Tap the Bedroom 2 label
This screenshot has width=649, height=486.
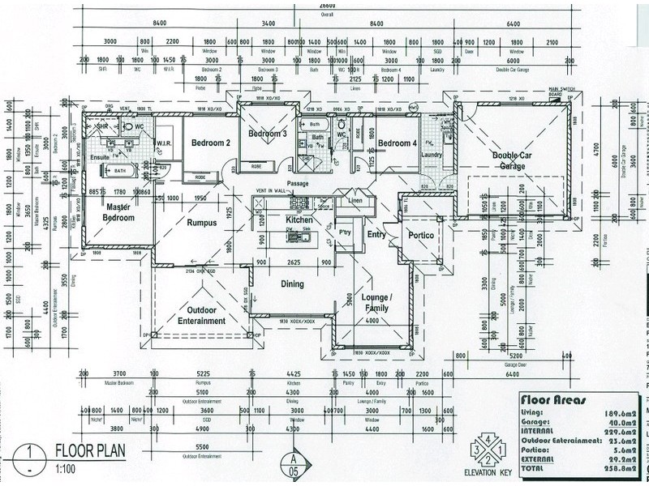point(211,143)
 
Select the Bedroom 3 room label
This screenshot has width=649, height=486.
point(268,134)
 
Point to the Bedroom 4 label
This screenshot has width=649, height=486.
point(398,143)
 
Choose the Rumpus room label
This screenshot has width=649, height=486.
point(203,223)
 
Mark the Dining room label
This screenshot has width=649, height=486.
point(292,284)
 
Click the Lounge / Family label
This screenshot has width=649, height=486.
point(376,303)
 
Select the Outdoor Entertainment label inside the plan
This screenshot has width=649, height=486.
point(201,315)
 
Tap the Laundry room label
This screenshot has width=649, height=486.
point(432,155)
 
